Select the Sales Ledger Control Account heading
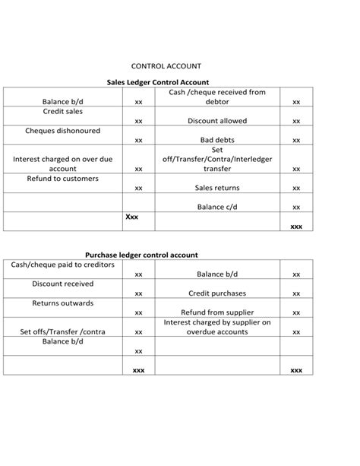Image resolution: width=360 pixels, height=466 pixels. [158, 81]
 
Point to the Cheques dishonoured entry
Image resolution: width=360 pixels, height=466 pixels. [62, 131]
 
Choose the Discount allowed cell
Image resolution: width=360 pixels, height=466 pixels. [216, 121]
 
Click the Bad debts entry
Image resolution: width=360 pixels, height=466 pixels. [216, 141]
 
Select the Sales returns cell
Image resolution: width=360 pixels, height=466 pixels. [216, 188]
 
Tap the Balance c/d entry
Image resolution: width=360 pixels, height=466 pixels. [216, 207]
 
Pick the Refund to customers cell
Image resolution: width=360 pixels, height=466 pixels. [62, 179]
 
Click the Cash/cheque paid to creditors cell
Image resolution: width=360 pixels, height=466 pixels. [62, 265]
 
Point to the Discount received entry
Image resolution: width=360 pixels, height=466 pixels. [62, 284]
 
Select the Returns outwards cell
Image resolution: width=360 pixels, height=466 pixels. [62, 303]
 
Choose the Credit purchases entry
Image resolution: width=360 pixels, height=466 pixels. [216, 293]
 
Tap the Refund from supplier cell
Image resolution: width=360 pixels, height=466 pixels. [216, 312]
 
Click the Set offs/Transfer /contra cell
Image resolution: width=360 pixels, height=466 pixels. [62, 332]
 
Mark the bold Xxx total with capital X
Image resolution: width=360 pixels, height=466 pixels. [131, 217]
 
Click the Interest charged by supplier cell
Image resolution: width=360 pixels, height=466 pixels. [216, 327]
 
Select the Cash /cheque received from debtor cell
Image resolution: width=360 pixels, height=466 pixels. [216, 97]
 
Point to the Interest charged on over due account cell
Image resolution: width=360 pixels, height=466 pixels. [62, 164]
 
